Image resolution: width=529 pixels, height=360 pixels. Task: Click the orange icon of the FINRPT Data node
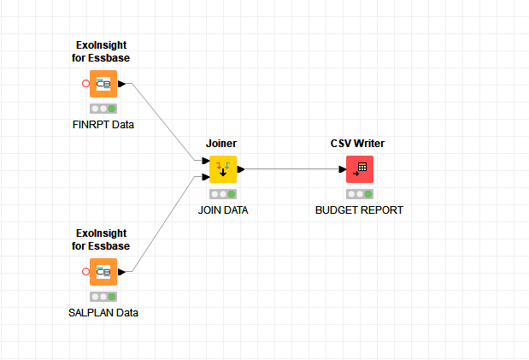(x=103, y=84)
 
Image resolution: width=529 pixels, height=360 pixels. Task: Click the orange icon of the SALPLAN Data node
(x=103, y=272)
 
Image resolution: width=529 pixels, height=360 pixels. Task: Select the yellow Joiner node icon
(x=223, y=169)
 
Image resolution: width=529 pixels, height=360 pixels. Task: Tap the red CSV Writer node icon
(x=360, y=169)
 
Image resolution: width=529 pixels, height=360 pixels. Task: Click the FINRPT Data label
(x=103, y=125)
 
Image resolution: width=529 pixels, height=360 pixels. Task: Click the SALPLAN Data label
(x=103, y=313)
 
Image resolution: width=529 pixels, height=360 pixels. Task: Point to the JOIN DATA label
(x=223, y=210)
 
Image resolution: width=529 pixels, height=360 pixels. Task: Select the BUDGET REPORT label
(x=359, y=210)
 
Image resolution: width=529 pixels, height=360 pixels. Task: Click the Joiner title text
(x=221, y=144)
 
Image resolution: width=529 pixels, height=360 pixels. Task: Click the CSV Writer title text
(x=359, y=144)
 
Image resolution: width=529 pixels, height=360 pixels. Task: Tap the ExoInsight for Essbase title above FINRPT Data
(x=101, y=51)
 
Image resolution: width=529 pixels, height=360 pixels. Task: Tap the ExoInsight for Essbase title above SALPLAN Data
(x=101, y=239)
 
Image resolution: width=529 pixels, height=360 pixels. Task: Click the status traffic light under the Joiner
(x=223, y=194)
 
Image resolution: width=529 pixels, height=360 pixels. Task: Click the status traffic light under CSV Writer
(x=360, y=194)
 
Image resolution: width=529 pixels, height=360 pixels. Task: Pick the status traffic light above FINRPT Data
(x=103, y=109)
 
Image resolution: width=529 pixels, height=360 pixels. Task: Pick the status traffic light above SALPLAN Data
(x=103, y=297)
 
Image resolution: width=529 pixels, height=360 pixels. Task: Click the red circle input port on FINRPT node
(x=85, y=84)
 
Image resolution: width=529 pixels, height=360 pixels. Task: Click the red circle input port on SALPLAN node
(x=85, y=272)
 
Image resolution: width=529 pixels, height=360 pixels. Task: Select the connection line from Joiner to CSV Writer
(x=291, y=169)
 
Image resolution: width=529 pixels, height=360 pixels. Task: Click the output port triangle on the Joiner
(x=242, y=169)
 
